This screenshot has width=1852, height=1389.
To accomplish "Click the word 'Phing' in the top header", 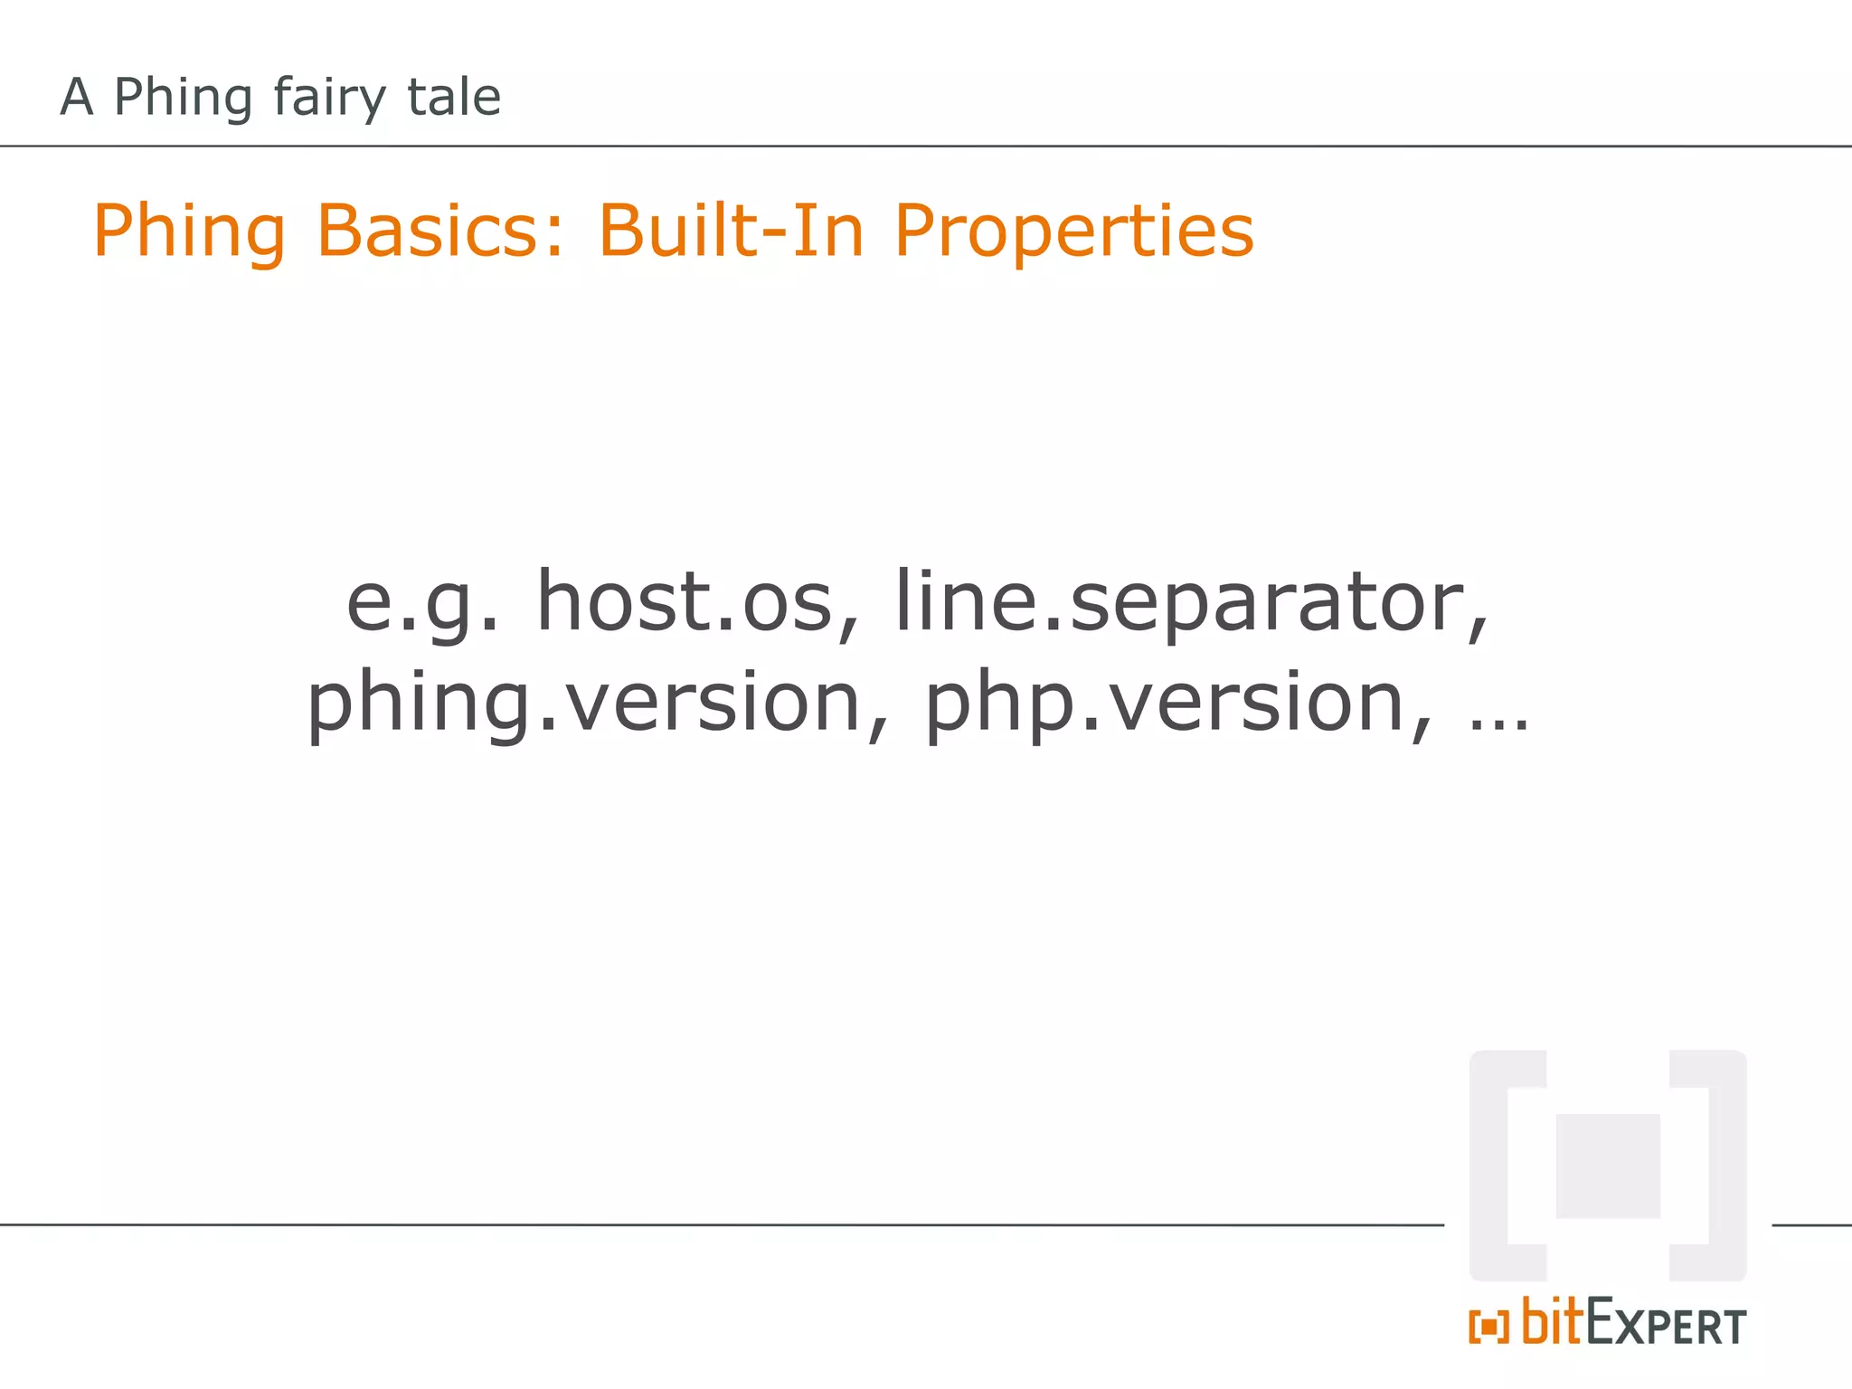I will tap(182, 97).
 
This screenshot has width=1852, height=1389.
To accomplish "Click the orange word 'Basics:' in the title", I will tap(439, 231).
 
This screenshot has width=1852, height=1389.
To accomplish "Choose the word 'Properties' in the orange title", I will tap(1073, 231).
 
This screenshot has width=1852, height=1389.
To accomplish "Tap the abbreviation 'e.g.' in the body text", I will tap(422, 603).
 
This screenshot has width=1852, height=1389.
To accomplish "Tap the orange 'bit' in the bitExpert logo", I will tap(1553, 1322).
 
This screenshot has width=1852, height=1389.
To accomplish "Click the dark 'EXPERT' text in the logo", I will tap(1666, 1325).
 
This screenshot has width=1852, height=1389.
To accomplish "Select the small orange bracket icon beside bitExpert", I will tap(1488, 1327).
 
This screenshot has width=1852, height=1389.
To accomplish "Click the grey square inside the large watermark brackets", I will tap(1608, 1166).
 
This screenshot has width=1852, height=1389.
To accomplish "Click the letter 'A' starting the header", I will tap(77, 97).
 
